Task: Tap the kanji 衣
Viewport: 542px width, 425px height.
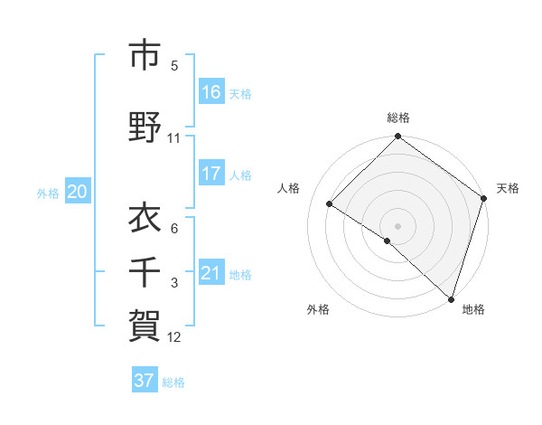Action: point(145,217)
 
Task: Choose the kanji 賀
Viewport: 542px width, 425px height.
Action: point(145,323)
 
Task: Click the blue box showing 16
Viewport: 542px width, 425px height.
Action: point(211,92)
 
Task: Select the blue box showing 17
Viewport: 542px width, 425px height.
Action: point(211,174)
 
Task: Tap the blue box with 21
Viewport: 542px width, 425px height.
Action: point(211,273)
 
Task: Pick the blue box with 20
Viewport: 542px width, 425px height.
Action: point(78,192)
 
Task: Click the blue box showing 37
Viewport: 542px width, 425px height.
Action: point(145,381)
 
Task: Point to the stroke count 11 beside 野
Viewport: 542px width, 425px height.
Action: point(173,138)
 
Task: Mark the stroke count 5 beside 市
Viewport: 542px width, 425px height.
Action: point(174,66)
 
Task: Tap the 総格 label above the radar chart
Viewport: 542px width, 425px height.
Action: point(398,118)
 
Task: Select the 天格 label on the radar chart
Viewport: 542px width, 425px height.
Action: point(508,188)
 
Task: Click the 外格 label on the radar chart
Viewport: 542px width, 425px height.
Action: point(318,309)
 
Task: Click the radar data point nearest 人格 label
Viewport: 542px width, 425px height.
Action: point(330,204)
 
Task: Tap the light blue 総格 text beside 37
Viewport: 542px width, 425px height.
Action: point(174,382)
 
